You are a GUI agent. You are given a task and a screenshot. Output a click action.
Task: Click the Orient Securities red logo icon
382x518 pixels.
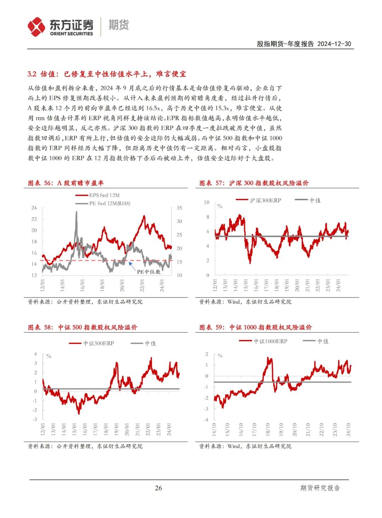[36, 27]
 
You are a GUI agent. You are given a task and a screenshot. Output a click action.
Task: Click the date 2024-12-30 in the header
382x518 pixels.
[334, 44]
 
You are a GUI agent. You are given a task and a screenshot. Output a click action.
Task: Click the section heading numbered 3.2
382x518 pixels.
[107, 74]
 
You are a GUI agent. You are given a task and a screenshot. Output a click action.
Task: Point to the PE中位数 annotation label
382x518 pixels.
[149, 272]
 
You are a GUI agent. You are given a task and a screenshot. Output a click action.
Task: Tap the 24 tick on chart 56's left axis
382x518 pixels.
[34, 208]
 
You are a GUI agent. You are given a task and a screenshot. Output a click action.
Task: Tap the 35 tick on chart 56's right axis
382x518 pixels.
[179, 208]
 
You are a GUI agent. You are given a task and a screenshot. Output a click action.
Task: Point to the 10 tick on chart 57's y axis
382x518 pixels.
[207, 202]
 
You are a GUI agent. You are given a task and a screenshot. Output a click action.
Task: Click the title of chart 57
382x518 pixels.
[254, 183]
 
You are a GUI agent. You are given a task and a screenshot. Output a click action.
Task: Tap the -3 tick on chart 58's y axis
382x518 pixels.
[35, 419]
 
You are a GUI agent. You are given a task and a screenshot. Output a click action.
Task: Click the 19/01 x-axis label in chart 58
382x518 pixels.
[116, 430]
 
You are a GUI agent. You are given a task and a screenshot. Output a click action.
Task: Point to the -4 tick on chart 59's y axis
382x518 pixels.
[206, 420]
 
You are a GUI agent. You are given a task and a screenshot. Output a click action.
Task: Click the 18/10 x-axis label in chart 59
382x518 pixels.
[268, 430]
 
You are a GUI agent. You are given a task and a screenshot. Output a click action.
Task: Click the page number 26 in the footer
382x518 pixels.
[158, 488]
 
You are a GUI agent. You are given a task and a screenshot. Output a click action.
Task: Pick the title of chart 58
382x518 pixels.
[82, 327]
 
